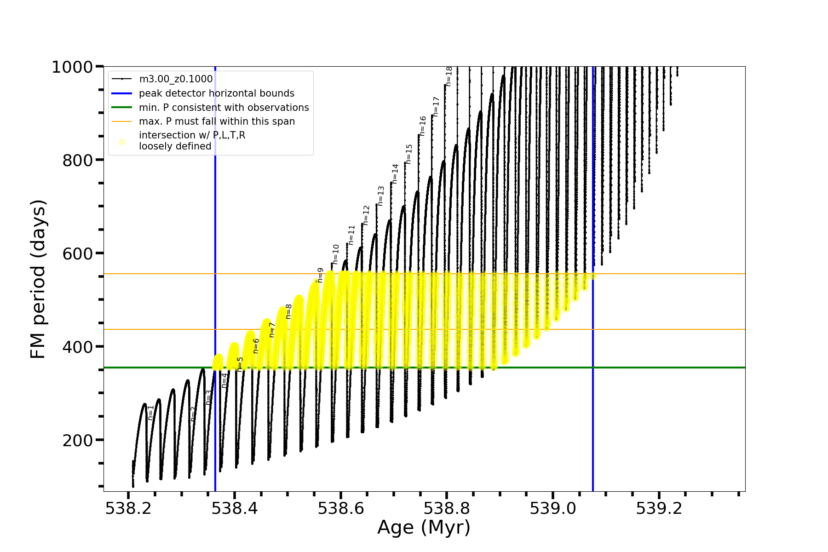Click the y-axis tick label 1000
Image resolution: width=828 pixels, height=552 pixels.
tap(72, 68)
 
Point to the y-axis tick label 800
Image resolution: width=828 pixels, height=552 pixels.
tap(77, 161)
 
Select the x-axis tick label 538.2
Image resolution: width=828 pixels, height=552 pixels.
tap(128, 509)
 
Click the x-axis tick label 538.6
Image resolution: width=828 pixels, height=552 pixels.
tap(340, 509)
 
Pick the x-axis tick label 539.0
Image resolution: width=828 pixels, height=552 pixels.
tap(552, 509)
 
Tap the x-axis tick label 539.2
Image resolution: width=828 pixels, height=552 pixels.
tap(659, 509)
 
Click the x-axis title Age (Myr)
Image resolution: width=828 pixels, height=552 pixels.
tap(424, 528)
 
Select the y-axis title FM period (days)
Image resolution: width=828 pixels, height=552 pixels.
tap(38, 279)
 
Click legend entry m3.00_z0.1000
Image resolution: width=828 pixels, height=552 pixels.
tap(176, 79)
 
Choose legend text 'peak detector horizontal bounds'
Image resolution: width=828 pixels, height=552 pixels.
tap(216, 93)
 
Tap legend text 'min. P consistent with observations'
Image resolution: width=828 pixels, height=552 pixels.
tap(224, 108)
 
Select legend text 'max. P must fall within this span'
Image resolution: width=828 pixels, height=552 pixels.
tap(217, 121)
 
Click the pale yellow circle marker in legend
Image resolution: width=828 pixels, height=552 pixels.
tap(122, 142)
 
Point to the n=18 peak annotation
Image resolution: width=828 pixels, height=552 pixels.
tap(449, 76)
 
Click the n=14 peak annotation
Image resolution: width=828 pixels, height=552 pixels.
tap(395, 174)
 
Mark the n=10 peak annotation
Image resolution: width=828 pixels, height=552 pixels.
tap(336, 254)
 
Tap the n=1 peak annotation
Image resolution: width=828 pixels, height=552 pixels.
tap(151, 413)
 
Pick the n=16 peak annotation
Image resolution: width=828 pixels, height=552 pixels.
tap(423, 126)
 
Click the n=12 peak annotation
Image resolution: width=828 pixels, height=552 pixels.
tap(366, 215)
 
